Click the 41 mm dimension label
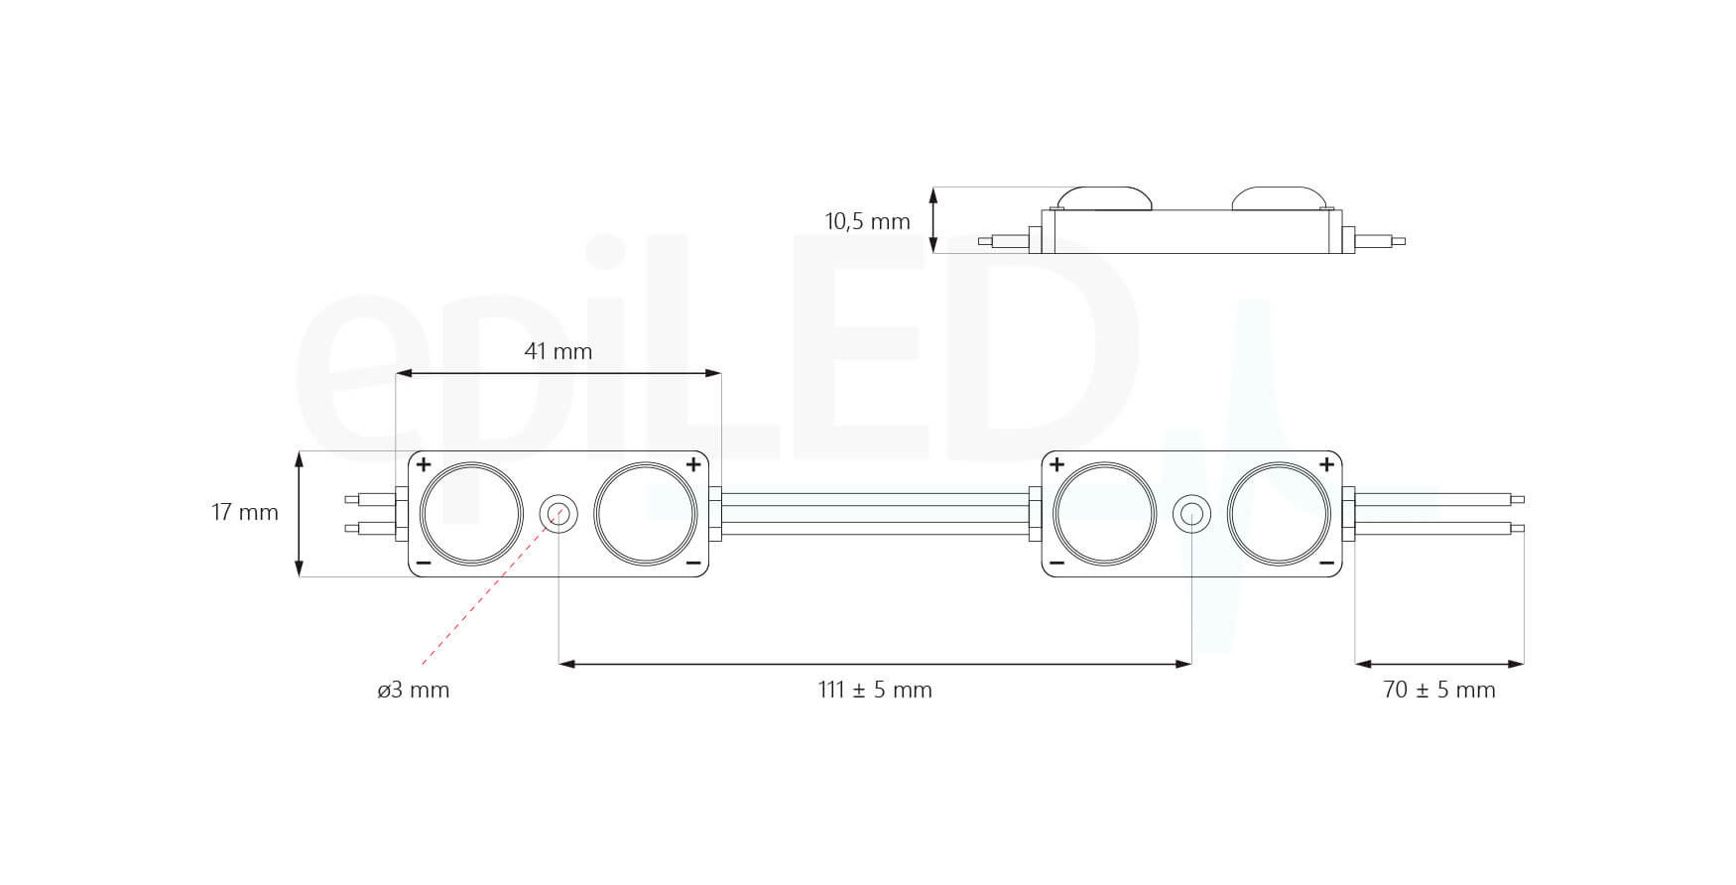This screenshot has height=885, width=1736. point(558,351)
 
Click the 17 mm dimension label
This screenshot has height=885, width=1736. point(244,513)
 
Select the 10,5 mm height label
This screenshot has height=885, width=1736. point(867,221)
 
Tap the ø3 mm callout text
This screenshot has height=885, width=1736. point(413,690)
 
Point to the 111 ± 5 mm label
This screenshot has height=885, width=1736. point(875,690)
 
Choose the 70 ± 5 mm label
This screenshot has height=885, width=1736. point(1438,690)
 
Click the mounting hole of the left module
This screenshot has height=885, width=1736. point(558,514)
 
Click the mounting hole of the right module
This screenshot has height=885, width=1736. point(1191,514)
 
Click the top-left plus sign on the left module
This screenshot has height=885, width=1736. point(424,464)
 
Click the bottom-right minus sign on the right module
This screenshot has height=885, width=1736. point(1326,564)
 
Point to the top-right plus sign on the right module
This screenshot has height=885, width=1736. point(1326,464)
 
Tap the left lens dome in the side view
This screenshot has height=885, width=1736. point(1104,197)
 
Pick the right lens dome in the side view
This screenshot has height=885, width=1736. point(1279,197)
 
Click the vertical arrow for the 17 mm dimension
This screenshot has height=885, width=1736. point(300,514)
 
